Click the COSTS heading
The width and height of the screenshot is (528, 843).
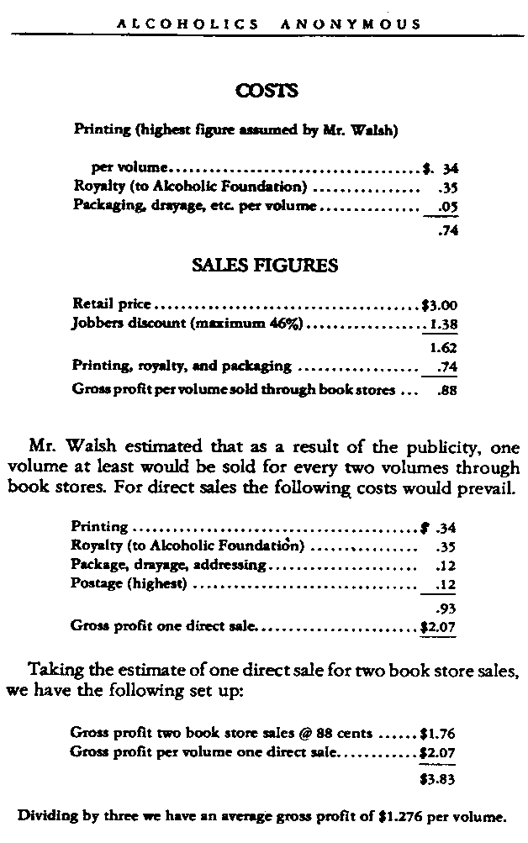265,90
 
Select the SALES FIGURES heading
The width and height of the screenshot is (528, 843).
265,266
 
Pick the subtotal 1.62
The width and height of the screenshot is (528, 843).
443,347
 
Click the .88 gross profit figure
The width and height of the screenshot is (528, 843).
446,390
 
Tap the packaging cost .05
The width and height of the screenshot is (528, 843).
446,205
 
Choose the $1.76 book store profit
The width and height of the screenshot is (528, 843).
438,732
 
